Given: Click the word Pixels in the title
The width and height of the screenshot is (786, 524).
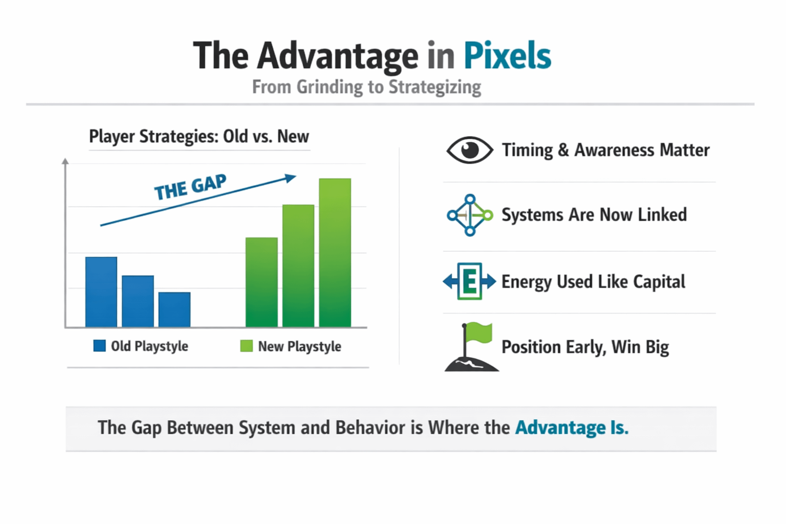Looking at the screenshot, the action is coord(508,56).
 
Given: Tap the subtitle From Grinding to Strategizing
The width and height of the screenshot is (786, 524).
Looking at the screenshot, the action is coord(367,87).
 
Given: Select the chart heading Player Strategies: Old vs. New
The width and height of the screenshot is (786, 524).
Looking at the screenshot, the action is coord(199,136).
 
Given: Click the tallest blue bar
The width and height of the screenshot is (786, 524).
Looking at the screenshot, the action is coord(101,292).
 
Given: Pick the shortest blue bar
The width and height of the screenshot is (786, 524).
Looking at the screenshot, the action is coord(174,310).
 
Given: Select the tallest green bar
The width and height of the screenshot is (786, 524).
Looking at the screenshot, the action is coord(335,253).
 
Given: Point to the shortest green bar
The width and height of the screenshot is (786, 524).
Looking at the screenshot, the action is coord(261,282).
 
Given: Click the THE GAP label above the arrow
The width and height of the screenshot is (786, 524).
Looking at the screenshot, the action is coord(190,187).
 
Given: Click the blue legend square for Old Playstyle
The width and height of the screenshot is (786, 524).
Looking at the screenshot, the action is coord(99,346).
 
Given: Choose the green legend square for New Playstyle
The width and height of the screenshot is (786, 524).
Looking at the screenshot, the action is coord(246,346).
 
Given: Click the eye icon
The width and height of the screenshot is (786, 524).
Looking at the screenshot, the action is coord(470,150).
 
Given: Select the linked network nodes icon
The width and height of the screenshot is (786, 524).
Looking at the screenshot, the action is coord(470,215).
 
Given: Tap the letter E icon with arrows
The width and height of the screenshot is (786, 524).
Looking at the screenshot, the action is coord(470,281).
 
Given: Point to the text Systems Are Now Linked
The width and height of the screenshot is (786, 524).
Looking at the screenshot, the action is coord(594,214).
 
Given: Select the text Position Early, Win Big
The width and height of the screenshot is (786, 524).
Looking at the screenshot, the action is coord(585,347).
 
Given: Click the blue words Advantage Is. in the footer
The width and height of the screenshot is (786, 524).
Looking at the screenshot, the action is coord(572,427).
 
